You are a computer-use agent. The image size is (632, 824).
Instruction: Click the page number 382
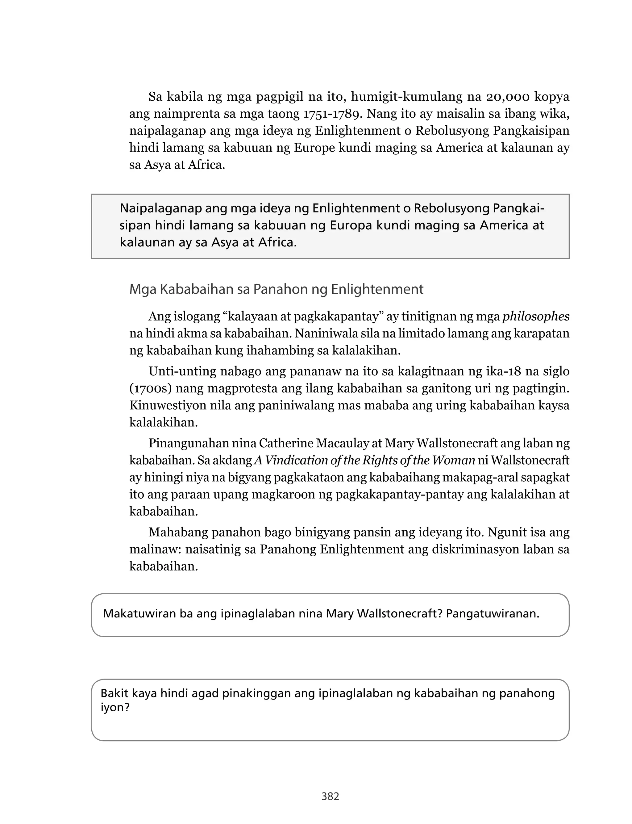(x=330, y=796)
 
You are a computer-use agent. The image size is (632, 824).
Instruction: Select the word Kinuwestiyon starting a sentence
(x=164, y=406)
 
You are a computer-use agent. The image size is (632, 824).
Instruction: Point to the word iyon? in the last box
(x=115, y=707)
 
